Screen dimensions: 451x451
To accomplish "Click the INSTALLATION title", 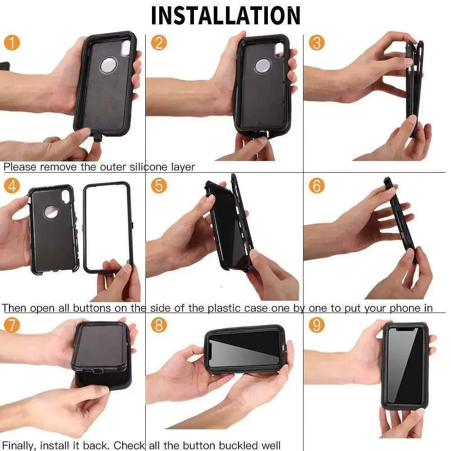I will pos(225,15).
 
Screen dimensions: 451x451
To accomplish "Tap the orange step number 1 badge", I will pos(12,43).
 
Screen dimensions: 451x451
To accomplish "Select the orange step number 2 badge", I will pos(159,43).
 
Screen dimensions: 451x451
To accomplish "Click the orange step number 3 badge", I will pos(317,43).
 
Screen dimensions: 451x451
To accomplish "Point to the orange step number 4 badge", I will pos(12,185).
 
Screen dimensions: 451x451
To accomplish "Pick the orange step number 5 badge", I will pos(159,185).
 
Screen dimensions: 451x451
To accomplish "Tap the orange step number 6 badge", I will pos(317,185).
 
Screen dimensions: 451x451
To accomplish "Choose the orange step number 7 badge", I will pos(12,325).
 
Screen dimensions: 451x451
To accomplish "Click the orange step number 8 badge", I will pos(159,325).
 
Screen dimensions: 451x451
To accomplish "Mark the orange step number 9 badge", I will pos(317,325).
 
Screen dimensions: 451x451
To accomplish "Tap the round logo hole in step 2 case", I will pos(262,66).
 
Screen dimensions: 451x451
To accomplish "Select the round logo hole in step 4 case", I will pos(51,212).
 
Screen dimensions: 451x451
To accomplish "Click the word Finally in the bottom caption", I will pos(18,446).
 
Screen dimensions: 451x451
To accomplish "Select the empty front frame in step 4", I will pos(108,228).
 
